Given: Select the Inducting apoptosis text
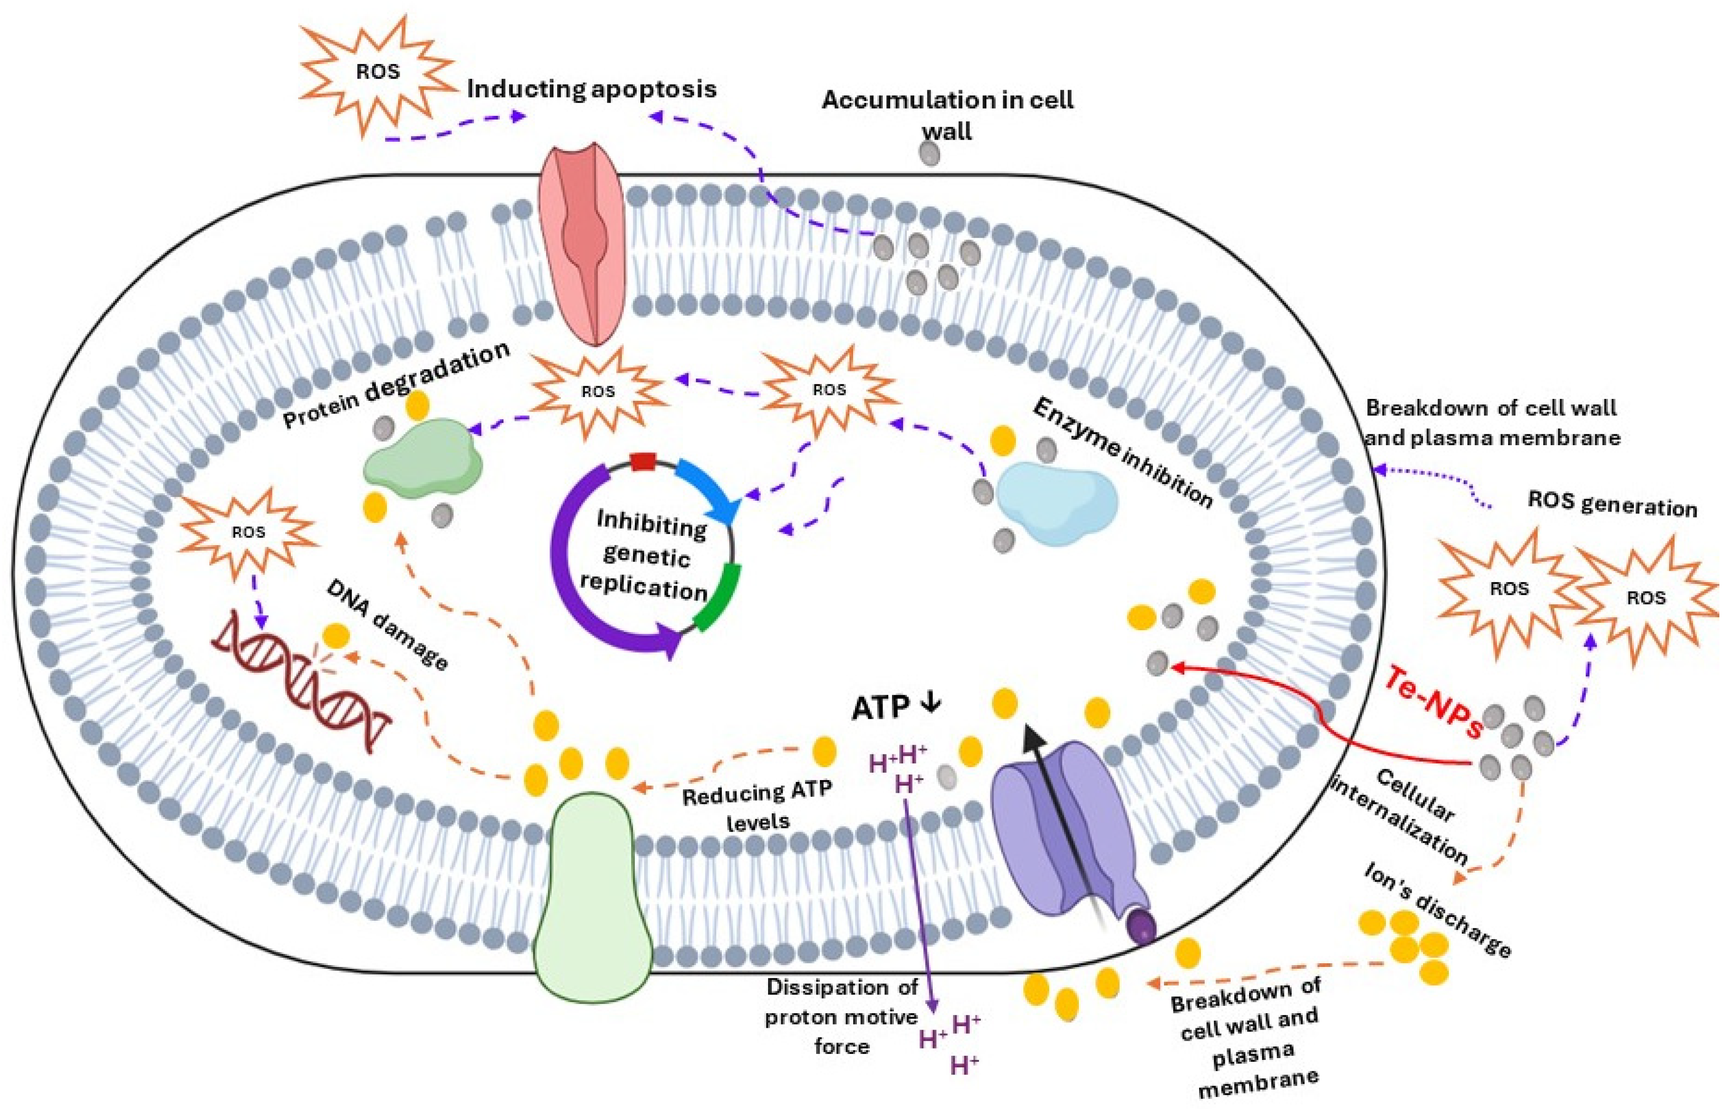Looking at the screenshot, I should point(591,89).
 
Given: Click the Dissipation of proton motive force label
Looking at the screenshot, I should point(841,1016).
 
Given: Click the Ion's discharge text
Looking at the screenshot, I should point(1437,911).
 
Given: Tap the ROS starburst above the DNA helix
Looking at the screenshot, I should point(248,532).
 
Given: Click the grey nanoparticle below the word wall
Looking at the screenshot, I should point(931,153).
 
